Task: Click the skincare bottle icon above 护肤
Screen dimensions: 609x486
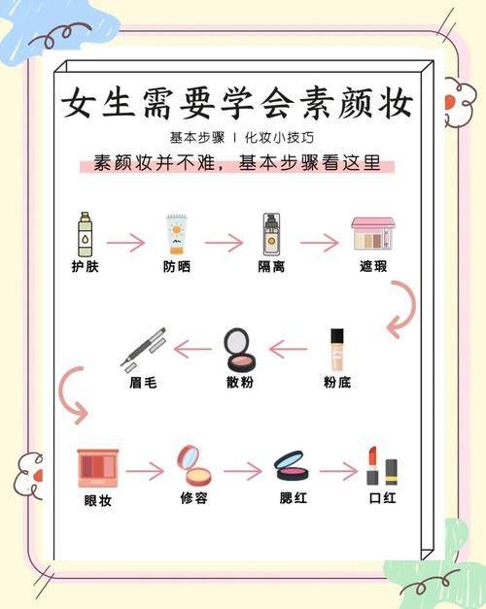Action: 87,235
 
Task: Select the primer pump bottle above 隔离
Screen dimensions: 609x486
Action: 271,235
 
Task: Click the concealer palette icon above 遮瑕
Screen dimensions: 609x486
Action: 372,234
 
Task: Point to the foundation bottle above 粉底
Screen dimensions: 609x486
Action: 338,350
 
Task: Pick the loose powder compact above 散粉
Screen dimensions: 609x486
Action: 239,347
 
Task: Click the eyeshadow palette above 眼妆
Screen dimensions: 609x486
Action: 98,467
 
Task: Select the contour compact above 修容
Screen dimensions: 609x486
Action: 193,466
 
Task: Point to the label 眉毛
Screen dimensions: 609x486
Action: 143,383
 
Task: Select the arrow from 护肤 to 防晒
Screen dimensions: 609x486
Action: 128,239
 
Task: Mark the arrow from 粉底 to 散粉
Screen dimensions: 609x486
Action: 289,347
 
